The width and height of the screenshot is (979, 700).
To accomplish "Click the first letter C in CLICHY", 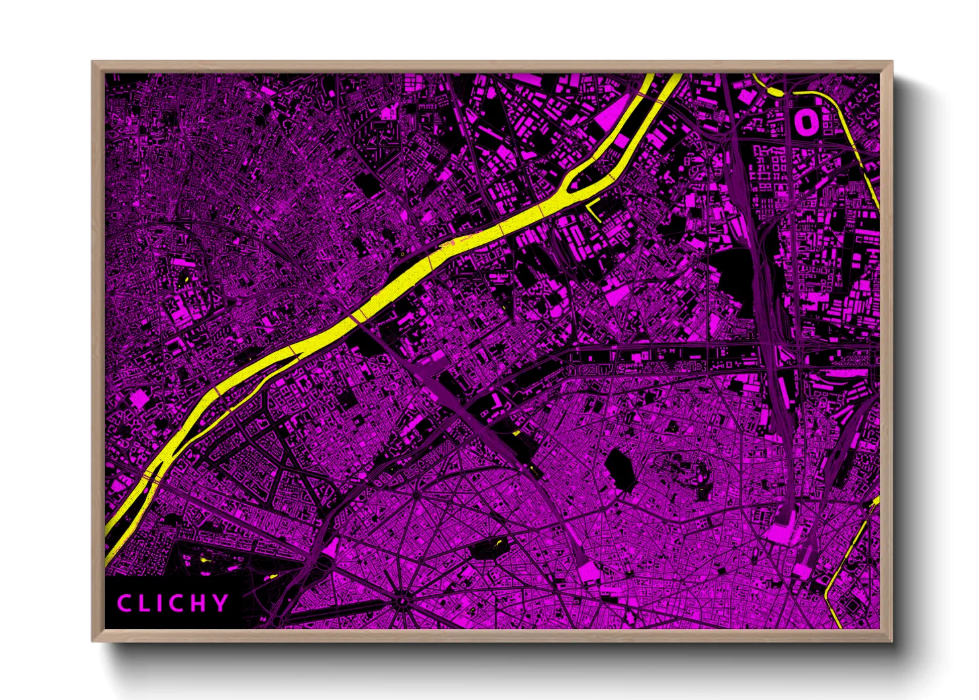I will tap(124, 603).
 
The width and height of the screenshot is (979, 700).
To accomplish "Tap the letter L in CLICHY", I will tap(145, 603).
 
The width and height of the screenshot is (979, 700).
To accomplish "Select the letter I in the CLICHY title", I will tap(161, 603).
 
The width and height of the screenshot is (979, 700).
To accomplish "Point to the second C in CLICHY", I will tap(178, 603).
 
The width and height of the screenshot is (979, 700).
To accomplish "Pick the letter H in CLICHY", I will tap(200, 603).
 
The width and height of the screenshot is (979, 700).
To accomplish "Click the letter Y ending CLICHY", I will tap(221, 603).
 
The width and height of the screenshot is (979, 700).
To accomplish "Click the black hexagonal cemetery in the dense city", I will tap(618, 470).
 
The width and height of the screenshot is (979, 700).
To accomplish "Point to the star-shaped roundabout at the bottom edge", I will tap(402, 601).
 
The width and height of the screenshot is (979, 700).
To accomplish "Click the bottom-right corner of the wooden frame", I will tap(891, 640).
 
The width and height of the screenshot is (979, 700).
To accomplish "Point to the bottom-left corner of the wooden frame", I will tap(93, 640).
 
